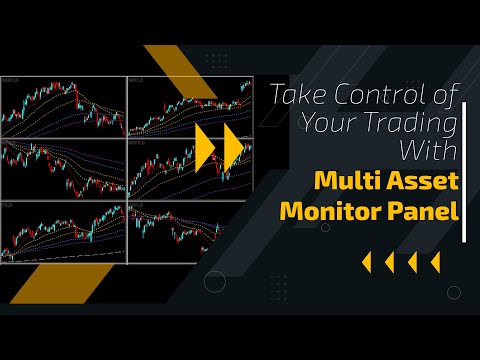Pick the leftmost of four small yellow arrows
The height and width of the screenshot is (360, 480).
click(x=365, y=262)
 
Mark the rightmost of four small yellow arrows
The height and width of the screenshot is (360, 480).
click(x=435, y=262)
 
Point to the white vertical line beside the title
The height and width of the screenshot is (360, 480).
click(x=466, y=165)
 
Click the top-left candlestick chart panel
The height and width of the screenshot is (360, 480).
click(x=63, y=106)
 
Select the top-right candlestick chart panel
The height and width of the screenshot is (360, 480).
click(x=190, y=106)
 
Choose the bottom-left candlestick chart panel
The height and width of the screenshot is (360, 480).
click(x=63, y=232)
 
